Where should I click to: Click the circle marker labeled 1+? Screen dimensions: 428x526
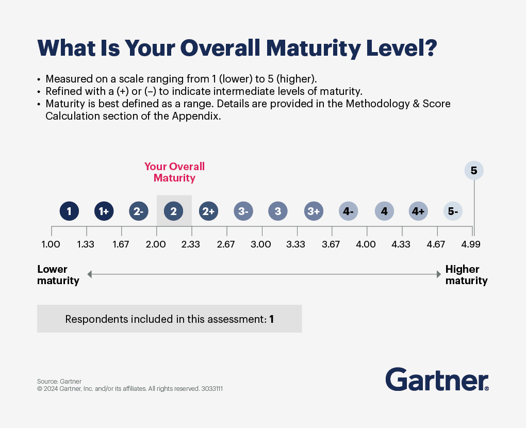[104, 211]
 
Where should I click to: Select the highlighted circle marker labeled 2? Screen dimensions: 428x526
[174, 211]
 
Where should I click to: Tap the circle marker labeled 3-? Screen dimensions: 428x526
[243, 211]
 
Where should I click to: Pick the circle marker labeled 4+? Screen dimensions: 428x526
[418, 211]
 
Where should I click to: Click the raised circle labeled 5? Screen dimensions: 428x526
[474, 171]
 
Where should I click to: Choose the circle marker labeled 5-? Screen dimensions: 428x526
[453, 211]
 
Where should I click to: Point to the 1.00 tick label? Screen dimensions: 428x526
[51, 244]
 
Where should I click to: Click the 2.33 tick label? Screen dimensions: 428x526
[191, 244]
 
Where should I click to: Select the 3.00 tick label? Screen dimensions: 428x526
[261, 244]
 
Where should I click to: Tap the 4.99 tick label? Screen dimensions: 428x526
[471, 244]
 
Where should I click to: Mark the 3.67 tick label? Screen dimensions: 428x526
[331, 244]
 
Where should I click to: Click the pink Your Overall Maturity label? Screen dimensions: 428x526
[174, 172]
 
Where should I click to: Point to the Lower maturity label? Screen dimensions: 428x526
[58, 275]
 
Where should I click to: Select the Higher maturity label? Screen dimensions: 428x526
[466, 275]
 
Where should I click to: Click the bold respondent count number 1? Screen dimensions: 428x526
[271, 319]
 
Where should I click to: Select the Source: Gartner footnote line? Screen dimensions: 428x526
[59, 381]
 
